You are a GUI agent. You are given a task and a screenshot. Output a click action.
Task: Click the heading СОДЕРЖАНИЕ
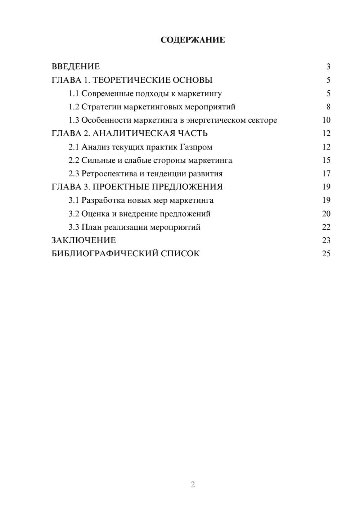coord(193,40)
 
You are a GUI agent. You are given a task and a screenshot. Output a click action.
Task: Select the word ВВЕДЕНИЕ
coord(76,67)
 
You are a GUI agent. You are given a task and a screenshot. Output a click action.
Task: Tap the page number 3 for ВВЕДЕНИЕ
coord(328,67)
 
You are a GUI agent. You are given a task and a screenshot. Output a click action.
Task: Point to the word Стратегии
coord(101,107)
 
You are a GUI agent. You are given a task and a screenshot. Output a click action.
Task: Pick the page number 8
coord(328,107)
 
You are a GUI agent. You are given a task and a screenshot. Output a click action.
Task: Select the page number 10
coord(326,120)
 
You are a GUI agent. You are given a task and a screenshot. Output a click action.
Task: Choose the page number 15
coord(326,160)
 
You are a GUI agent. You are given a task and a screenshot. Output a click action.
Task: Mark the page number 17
coord(326,174)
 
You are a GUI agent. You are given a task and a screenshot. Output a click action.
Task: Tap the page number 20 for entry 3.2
coord(326,214)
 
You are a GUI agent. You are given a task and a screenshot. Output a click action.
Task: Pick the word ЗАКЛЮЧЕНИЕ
coord(84,240)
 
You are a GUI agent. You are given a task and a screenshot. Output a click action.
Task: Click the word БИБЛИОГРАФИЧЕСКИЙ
coord(105,254)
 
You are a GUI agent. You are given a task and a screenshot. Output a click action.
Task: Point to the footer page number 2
coord(193,485)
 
